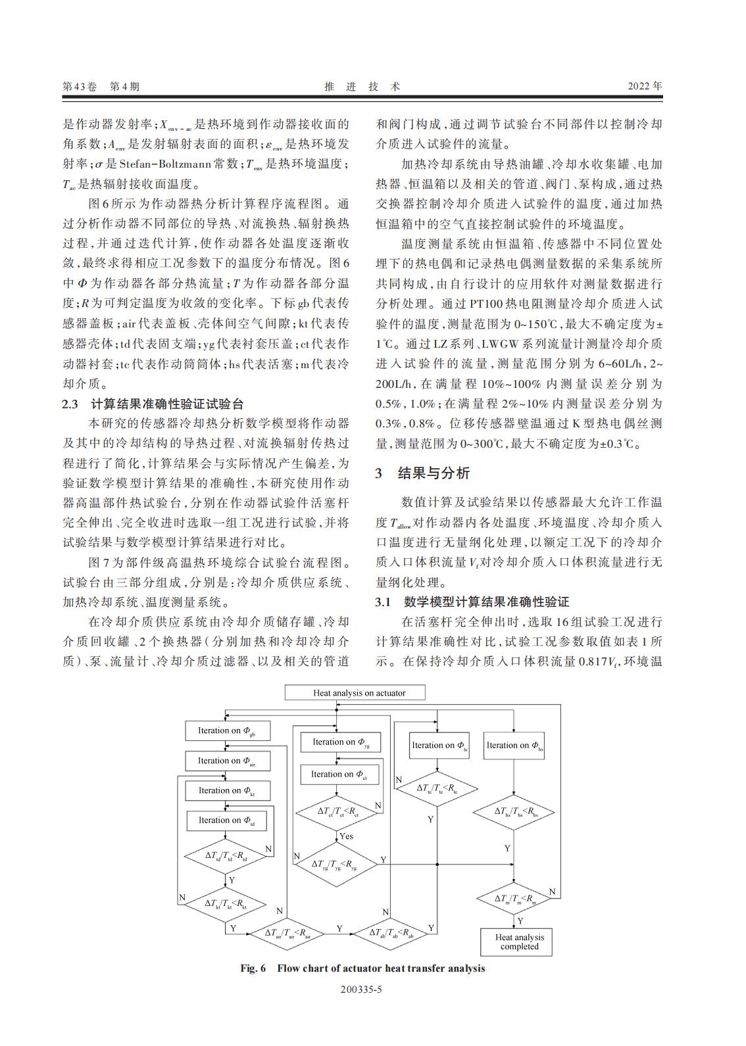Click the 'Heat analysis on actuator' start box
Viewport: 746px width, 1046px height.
coord(355,693)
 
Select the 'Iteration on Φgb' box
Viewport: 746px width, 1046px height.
coord(226,730)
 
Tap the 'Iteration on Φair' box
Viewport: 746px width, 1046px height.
coord(226,761)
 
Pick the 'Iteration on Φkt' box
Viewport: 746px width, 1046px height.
coord(226,790)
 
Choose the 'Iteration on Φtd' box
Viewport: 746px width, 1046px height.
coord(226,820)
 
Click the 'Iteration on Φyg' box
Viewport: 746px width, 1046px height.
coord(340,742)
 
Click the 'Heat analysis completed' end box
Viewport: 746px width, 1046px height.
coord(520,942)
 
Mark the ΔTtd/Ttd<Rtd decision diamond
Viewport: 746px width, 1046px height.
coord(226,856)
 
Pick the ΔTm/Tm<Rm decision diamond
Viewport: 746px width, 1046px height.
coord(515,899)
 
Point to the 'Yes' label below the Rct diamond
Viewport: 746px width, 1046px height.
coord(346,836)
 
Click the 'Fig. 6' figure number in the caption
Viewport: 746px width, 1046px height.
coord(253,968)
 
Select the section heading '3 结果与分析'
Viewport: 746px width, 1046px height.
coord(422,473)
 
